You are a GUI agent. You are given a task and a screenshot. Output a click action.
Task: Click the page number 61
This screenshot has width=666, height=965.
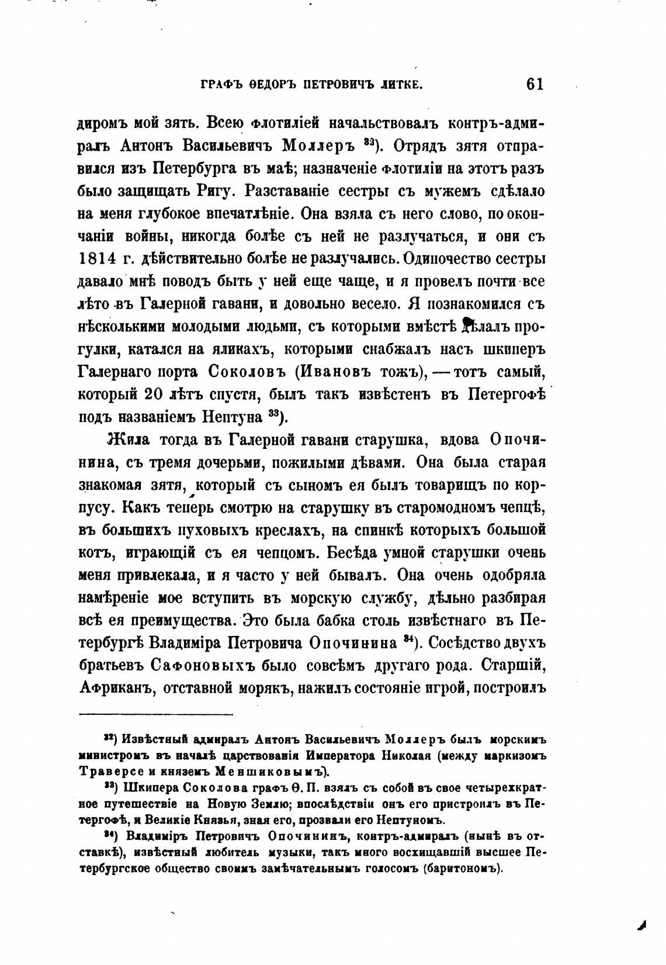pyautogui.click(x=535, y=84)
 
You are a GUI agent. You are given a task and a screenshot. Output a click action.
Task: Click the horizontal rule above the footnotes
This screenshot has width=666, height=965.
pyautogui.click(x=155, y=714)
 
